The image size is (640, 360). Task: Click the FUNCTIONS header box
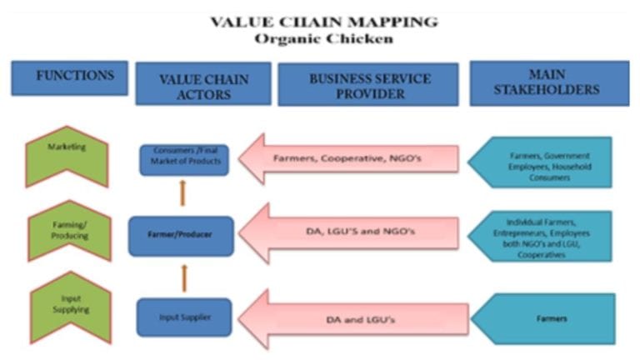69,77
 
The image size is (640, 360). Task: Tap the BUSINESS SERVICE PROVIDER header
368,84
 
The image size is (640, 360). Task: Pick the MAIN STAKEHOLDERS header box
549,83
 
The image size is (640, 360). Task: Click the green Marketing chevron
67,154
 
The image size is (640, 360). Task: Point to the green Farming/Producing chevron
67,231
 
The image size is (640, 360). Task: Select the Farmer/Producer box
181,235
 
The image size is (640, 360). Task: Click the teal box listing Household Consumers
541,162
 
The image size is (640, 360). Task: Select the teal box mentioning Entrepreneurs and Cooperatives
541,236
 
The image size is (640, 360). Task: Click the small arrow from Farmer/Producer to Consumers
182,193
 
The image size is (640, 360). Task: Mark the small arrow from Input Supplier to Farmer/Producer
182,275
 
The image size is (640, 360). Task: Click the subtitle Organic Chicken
324,38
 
